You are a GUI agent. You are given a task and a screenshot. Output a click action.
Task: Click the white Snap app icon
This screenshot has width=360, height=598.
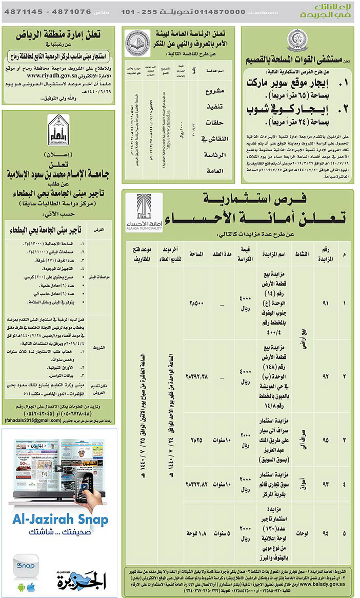click(x=25, y=566)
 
